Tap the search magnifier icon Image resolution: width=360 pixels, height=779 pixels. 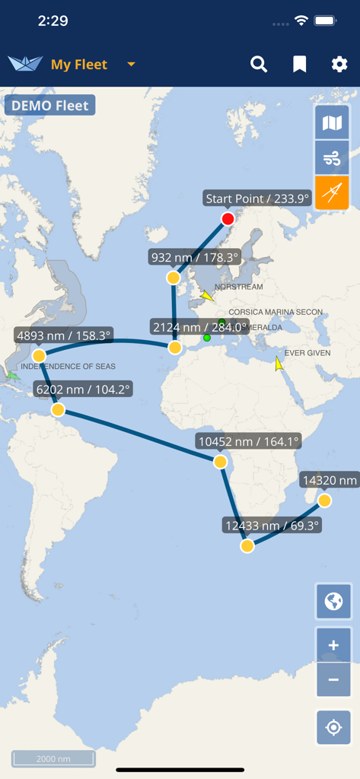pos(259,65)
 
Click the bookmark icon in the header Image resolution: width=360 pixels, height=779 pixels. pos(300,65)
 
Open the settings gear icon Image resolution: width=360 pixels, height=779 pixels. pos(339,65)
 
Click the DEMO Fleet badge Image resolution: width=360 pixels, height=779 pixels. pos(50,106)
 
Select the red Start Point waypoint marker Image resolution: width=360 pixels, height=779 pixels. pos(228,219)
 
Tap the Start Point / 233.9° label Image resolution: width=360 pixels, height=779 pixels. pos(258,199)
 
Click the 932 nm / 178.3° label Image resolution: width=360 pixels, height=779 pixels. pos(194,257)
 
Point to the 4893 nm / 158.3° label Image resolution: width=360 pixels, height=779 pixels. pos(64,335)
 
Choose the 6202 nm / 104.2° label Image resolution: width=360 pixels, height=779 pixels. pos(84,389)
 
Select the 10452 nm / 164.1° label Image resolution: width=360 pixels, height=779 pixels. pos(248,440)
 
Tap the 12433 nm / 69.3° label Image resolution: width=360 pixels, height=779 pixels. pos(272,525)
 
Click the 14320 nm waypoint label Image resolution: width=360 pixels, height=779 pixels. pos(330,480)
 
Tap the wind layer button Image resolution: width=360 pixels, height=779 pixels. pos(333,158)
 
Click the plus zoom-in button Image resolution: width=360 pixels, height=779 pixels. pos(333,646)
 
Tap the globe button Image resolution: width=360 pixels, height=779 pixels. pos(333,602)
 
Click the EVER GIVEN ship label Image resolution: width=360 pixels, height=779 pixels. pos(307,353)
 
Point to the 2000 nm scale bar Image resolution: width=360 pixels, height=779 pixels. pos(53,758)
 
